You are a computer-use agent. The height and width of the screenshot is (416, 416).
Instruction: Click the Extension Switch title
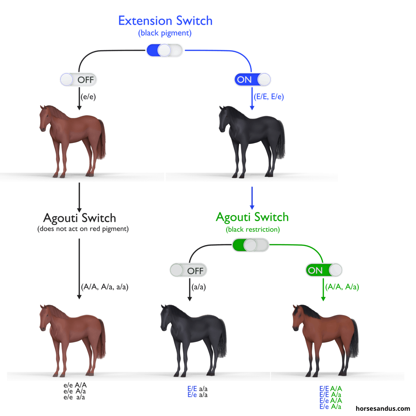[x=165, y=21]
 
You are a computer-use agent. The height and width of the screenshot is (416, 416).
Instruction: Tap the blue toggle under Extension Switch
[x=164, y=50]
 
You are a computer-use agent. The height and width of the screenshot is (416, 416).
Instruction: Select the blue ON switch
[x=252, y=79]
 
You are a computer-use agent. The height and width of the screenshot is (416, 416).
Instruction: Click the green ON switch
[x=324, y=270]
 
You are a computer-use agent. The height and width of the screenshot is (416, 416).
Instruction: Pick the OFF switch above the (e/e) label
[x=78, y=79]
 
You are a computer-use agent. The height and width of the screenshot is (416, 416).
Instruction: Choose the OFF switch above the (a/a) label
[x=188, y=270]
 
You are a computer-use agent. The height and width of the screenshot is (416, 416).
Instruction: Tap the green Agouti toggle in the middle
[x=250, y=245]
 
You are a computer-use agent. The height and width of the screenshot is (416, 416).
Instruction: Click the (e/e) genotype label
[x=88, y=97]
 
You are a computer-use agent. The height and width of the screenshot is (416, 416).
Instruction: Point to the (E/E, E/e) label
[x=269, y=97]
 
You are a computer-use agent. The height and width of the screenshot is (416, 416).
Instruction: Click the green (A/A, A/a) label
[x=342, y=287]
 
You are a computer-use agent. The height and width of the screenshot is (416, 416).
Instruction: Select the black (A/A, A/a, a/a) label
[x=105, y=287]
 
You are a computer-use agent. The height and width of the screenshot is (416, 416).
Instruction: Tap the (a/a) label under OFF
[x=199, y=287]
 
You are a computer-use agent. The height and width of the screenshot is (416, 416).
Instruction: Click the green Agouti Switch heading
[x=252, y=217]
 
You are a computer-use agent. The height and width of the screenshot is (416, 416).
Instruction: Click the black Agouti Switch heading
[x=79, y=218]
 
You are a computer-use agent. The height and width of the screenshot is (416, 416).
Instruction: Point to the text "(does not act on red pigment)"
[x=83, y=229]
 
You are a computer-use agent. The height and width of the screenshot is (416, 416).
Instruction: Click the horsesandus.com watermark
[x=383, y=409]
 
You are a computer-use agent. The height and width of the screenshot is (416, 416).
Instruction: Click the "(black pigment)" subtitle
[x=165, y=33]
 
